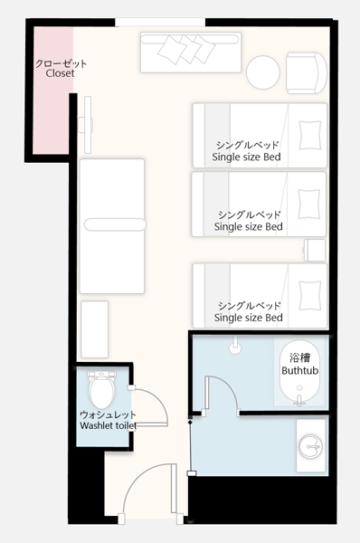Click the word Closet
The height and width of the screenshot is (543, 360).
[60, 73]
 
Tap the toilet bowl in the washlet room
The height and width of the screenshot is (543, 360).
[101, 390]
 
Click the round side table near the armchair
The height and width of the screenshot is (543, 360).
[263, 72]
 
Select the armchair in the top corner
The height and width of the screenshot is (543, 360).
[307, 72]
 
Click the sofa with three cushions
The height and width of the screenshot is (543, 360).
[190, 52]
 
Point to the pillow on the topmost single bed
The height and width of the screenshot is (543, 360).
[310, 135]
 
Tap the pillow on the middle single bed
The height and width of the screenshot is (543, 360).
[309, 204]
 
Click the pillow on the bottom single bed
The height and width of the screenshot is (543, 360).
[310, 295]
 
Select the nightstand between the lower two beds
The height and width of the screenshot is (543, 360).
[315, 250]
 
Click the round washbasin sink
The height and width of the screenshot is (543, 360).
[310, 446]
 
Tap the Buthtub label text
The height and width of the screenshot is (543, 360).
[299, 370]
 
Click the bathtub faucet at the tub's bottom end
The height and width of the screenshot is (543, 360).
[299, 400]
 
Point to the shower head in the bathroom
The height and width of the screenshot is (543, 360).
[235, 346]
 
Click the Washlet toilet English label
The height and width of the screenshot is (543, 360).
[108, 425]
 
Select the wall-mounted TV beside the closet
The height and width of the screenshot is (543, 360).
[87, 125]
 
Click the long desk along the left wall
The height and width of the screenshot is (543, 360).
[112, 226]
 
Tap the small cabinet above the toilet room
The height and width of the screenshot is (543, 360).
[94, 329]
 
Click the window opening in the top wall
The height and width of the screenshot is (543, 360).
[160, 22]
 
